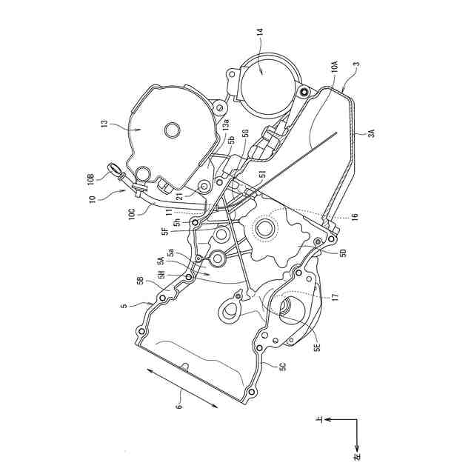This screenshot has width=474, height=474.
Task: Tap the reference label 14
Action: (x=259, y=33)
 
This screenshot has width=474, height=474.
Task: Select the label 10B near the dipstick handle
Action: (x=90, y=178)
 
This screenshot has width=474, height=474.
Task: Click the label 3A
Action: (x=372, y=133)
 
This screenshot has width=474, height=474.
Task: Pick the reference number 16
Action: (x=354, y=217)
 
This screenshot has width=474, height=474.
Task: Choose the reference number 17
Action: (x=335, y=296)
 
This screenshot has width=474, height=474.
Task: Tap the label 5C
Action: (x=282, y=365)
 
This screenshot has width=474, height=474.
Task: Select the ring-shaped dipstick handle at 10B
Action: (x=116, y=170)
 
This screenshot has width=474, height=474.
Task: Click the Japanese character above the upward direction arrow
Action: (x=319, y=419)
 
